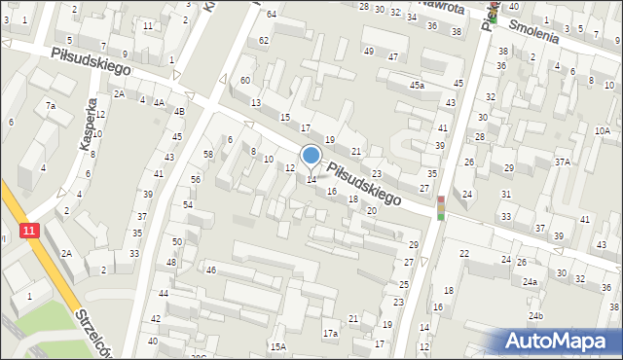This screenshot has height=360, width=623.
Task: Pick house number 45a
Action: click(x=417, y=86)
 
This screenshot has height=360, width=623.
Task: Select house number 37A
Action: click(x=563, y=162)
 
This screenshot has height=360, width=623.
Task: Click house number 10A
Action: click(x=603, y=130)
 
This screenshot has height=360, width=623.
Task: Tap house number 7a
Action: click(x=50, y=105)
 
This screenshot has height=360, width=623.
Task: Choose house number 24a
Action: click(x=529, y=282)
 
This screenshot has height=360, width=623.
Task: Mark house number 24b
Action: click(x=534, y=316)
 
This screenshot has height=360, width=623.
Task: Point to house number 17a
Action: click(x=330, y=334)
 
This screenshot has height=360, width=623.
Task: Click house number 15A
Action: click(x=278, y=346)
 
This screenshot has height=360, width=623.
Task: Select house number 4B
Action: click(x=179, y=111)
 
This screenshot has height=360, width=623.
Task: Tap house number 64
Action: click(x=272, y=14)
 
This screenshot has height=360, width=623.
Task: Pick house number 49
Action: click(x=368, y=51)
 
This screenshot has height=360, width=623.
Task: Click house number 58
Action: click(x=207, y=155)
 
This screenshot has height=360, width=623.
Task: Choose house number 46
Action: click(x=210, y=270)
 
